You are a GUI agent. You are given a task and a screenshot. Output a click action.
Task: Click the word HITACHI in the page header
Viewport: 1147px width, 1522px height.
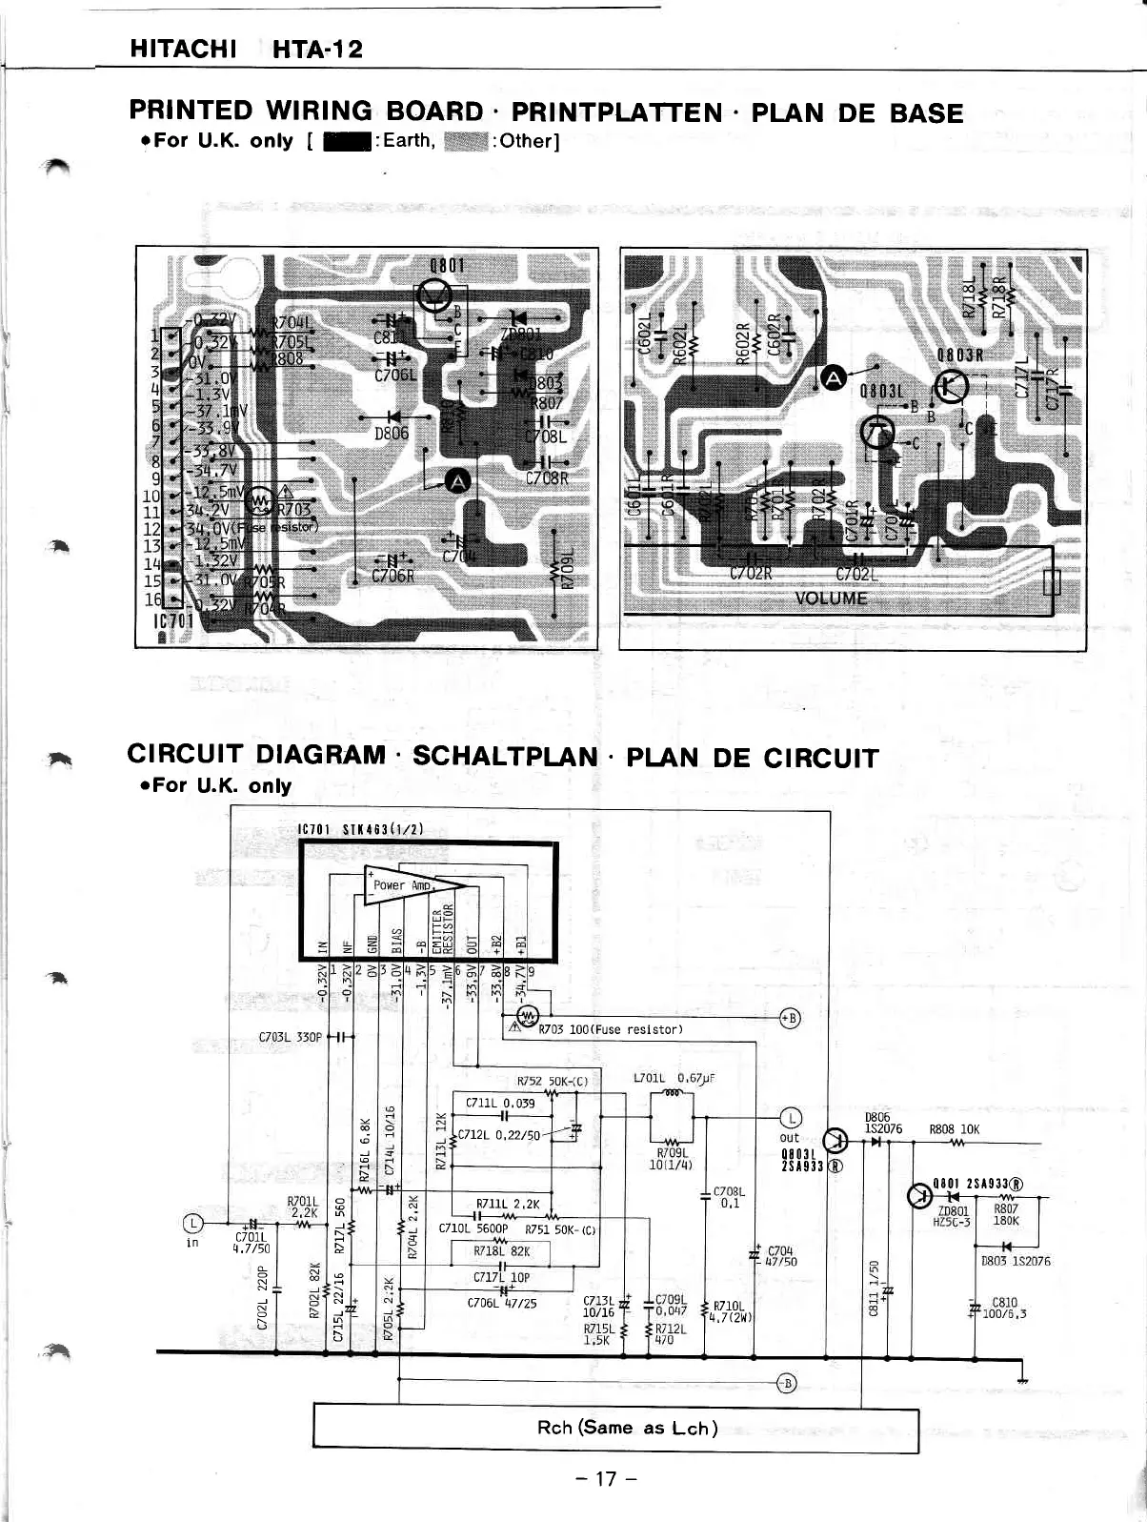(x=183, y=50)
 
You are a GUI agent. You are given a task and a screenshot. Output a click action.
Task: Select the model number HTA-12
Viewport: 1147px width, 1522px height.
(x=317, y=50)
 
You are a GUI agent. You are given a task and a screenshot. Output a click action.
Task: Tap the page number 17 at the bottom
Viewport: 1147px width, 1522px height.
(x=605, y=1479)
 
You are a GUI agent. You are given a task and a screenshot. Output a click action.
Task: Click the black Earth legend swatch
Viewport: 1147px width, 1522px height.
(x=338, y=142)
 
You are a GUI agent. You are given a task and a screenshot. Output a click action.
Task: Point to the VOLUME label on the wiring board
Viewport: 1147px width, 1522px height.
(x=831, y=599)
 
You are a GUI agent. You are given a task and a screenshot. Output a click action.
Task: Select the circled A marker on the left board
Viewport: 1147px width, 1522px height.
(x=458, y=481)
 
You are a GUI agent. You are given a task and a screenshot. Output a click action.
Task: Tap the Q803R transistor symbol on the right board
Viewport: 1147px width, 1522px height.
(x=954, y=384)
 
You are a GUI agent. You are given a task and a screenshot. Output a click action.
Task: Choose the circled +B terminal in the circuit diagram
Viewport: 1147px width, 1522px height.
(x=790, y=1018)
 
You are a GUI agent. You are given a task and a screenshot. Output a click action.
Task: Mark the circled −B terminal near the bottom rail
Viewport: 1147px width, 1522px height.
(x=786, y=1384)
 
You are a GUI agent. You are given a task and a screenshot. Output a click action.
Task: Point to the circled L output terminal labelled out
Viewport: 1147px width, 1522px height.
(x=791, y=1119)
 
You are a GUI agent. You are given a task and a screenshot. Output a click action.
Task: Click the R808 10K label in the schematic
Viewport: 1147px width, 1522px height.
(x=955, y=1130)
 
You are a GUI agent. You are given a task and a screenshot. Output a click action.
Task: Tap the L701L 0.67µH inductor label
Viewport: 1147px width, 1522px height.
(x=674, y=1079)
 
